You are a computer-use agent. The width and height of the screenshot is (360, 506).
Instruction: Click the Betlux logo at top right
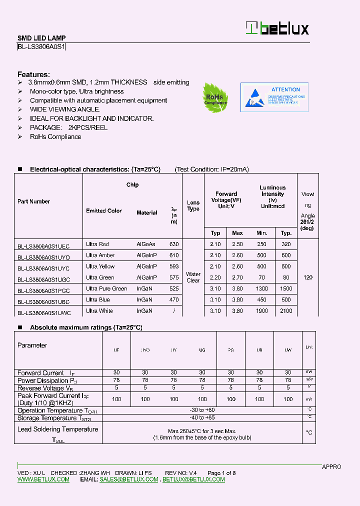tap(277, 28)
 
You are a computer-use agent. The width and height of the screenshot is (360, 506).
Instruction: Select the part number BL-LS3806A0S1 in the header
tap(41, 47)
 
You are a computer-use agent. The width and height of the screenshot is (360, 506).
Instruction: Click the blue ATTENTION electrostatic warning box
tap(274, 97)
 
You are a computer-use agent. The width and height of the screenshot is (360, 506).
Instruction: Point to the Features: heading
tap(33, 74)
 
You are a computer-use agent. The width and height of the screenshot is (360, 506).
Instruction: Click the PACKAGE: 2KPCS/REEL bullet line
tap(68, 127)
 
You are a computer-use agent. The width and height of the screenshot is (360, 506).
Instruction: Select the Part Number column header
tap(33, 201)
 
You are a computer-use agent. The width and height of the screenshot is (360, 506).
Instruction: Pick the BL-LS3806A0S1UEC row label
tap(43, 245)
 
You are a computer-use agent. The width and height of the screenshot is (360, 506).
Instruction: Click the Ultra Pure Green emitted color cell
tap(106, 288)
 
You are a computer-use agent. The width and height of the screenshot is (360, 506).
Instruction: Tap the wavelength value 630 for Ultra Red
tap(173, 244)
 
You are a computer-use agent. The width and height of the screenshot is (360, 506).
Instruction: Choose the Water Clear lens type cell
tap(193, 277)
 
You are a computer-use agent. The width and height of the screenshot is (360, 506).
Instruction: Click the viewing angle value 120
tap(308, 277)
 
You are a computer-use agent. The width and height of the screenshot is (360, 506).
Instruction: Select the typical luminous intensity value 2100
tap(286, 311)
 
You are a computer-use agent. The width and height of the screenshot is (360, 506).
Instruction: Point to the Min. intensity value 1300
tap(262, 288)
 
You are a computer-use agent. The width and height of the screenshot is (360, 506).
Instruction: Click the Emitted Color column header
tap(103, 211)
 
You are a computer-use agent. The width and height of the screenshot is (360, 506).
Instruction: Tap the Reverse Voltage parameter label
tap(41, 388)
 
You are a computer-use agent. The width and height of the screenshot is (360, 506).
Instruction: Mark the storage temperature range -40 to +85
tap(201, 417)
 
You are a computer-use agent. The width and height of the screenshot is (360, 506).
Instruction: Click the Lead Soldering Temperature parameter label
tap(58, 429)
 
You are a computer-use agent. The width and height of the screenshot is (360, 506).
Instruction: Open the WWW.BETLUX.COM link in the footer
tap(43, 479)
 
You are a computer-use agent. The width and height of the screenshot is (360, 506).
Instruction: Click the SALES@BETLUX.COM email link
tap(129, 479)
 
